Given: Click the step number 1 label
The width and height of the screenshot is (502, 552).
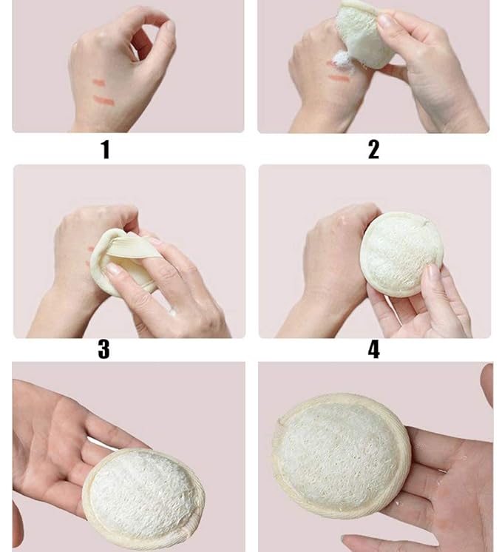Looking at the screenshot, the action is (x=105, y=149).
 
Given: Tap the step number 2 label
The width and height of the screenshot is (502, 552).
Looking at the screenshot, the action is (x=373, y=149).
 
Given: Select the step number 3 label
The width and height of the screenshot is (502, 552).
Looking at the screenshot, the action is (x=104, y=349).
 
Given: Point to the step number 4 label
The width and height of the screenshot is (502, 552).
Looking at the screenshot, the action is (x=373, y=349).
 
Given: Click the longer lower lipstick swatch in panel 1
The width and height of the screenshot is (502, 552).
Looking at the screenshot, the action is (x=104, y=101).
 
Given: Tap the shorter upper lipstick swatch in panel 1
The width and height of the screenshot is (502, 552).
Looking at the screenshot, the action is (x=99, y=83).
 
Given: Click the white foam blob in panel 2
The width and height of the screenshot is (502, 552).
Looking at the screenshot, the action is (x=340, y=58).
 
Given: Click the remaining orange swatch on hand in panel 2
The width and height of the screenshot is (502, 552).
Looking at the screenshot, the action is (x=339, y=78).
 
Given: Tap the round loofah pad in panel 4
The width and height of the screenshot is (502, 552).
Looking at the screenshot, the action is (x=401, y=255).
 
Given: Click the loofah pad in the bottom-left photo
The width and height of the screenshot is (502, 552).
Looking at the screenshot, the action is (x=143, y=497).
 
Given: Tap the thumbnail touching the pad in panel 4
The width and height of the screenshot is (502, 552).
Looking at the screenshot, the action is (x=432, y=272).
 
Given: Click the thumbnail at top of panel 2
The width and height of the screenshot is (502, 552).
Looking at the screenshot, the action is (x=386, y=21).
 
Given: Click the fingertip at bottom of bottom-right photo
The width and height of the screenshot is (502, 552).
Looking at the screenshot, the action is (x=347, y=541).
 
